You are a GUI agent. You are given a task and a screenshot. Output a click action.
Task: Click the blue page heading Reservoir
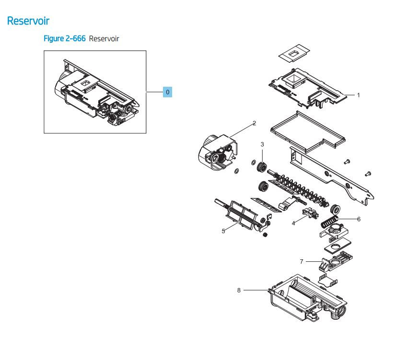[29, 21]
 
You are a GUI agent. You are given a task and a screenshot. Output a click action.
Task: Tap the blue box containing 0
[167, 92]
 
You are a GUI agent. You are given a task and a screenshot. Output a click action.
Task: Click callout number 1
[358, 95]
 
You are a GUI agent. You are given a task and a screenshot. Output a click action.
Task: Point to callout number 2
[254, 123]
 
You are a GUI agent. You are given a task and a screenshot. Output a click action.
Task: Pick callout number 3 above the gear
[262, 144]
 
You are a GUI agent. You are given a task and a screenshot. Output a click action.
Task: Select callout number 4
[293, 223]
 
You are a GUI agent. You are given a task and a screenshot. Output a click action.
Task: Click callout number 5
[223, 231]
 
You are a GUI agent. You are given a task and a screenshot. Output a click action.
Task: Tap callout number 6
[359, 219]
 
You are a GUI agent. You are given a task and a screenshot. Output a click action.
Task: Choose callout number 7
[302, 261]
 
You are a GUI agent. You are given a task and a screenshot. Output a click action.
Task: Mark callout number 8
[239, 290]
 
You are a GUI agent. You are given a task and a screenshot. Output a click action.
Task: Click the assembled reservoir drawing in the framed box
[95, 92]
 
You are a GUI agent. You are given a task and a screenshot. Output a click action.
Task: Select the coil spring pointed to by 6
[329, 222]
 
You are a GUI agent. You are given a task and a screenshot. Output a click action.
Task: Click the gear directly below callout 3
[262, 167]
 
